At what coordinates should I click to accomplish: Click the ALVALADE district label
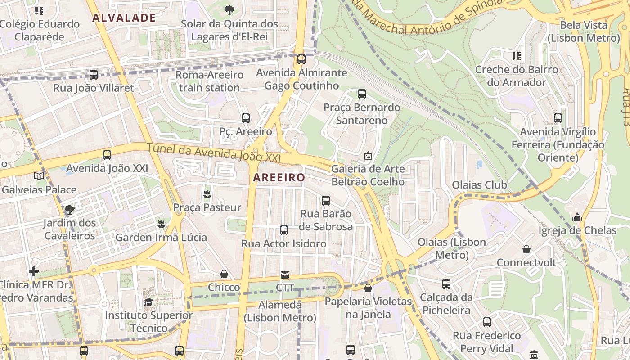click(x=124, y=18)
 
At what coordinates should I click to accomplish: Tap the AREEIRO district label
click(x=279, y=178)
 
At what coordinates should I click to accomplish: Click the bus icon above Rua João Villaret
click(x=94, y=75)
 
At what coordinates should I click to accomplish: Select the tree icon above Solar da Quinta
click(x=229, y=10)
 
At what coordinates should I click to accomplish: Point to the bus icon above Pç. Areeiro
click(x=245, y=118)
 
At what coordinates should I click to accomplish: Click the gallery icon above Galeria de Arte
click(x=368, y=156)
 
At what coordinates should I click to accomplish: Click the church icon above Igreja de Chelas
click(x=577, y=218)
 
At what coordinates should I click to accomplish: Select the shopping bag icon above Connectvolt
click(x=526, y=249)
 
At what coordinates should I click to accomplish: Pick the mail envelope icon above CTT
click(x=284, y=275)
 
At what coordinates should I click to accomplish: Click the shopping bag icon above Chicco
click(x=224, y=274)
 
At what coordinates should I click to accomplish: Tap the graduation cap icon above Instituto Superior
click(x=148, y=302)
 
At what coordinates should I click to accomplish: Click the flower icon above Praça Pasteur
click(x=207, y=194)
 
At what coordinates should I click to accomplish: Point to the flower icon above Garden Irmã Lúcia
click(x=161, y=224)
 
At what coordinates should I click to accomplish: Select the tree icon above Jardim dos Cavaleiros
click(x=69, y=209)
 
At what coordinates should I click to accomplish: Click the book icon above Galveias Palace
click(x=39, y=176)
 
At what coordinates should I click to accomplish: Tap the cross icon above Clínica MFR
click(x=34, y=271)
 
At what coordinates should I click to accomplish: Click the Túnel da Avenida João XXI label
click(x=214, y=153)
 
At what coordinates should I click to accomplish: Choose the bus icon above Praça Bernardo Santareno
click(x=362, y=94)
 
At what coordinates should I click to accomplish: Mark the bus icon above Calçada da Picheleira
click(x=446, y=284)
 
